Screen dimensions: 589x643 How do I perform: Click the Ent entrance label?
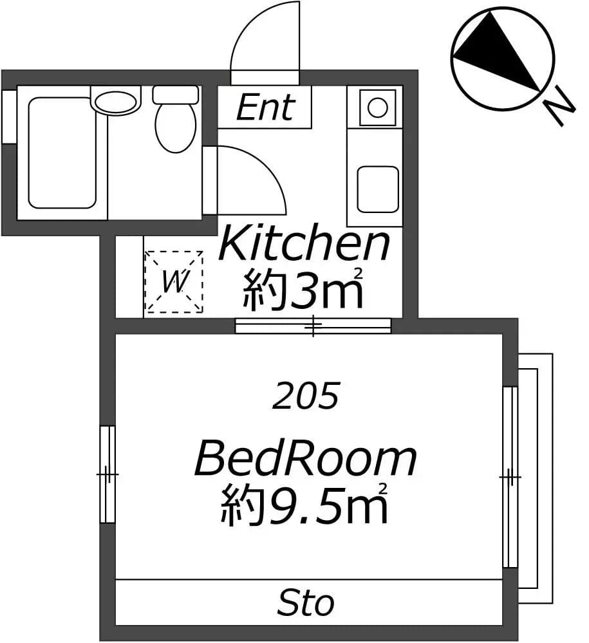265,107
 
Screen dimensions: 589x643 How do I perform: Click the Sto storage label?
306,602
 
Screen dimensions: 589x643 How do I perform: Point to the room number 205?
306,396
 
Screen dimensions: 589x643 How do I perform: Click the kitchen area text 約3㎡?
303,289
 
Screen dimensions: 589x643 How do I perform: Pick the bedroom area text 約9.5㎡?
304,504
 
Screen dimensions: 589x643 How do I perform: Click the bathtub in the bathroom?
62,153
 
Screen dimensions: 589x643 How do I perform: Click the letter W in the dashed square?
174,282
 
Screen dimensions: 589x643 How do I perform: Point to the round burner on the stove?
377,108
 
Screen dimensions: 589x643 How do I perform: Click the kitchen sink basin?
377,189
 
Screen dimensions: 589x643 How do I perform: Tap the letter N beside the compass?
560,107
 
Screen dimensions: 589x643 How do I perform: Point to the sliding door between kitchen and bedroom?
313,326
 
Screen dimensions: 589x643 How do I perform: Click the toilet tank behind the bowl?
176,95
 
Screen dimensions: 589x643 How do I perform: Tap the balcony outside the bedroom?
536,478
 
